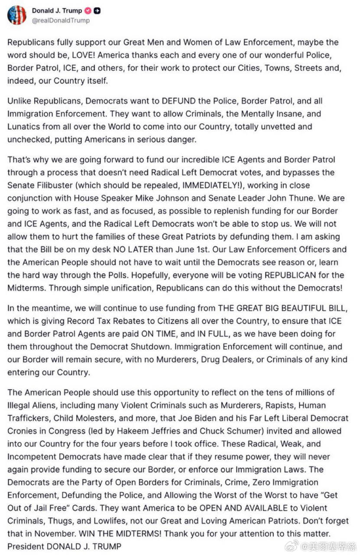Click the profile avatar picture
pos(16,15)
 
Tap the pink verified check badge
pos(88,11)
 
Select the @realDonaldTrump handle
pos(61,20)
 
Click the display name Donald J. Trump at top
pos(57,11)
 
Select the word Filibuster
pos(55,186)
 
